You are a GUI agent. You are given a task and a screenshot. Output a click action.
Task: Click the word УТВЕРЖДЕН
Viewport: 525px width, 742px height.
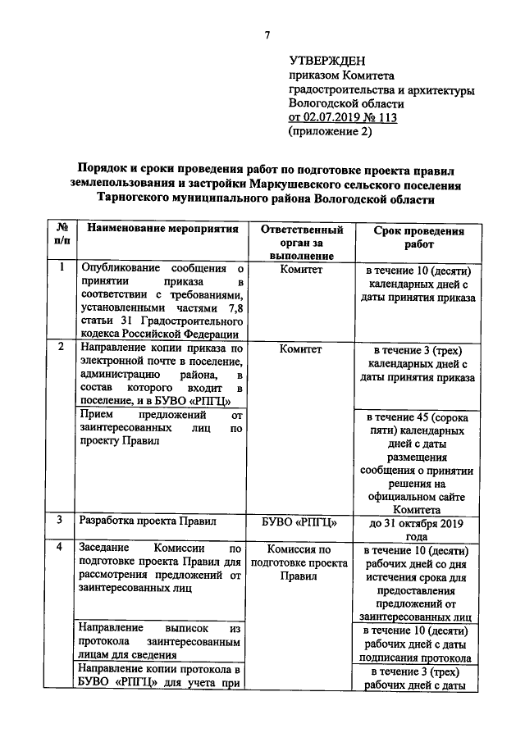327,62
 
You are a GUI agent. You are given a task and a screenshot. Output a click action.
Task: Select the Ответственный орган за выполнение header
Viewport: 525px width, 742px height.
299,244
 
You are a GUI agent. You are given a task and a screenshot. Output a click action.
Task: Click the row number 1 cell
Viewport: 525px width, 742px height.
62,266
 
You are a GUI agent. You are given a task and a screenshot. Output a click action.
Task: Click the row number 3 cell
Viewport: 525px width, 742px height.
62,520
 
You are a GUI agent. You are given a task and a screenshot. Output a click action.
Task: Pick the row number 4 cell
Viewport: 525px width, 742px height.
62,547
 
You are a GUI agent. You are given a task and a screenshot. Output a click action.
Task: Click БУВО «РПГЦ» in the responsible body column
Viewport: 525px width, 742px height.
299,521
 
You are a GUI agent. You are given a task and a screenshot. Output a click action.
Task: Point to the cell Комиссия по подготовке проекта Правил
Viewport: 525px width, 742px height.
299,562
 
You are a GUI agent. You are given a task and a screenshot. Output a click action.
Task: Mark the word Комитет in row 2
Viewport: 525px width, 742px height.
299,348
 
